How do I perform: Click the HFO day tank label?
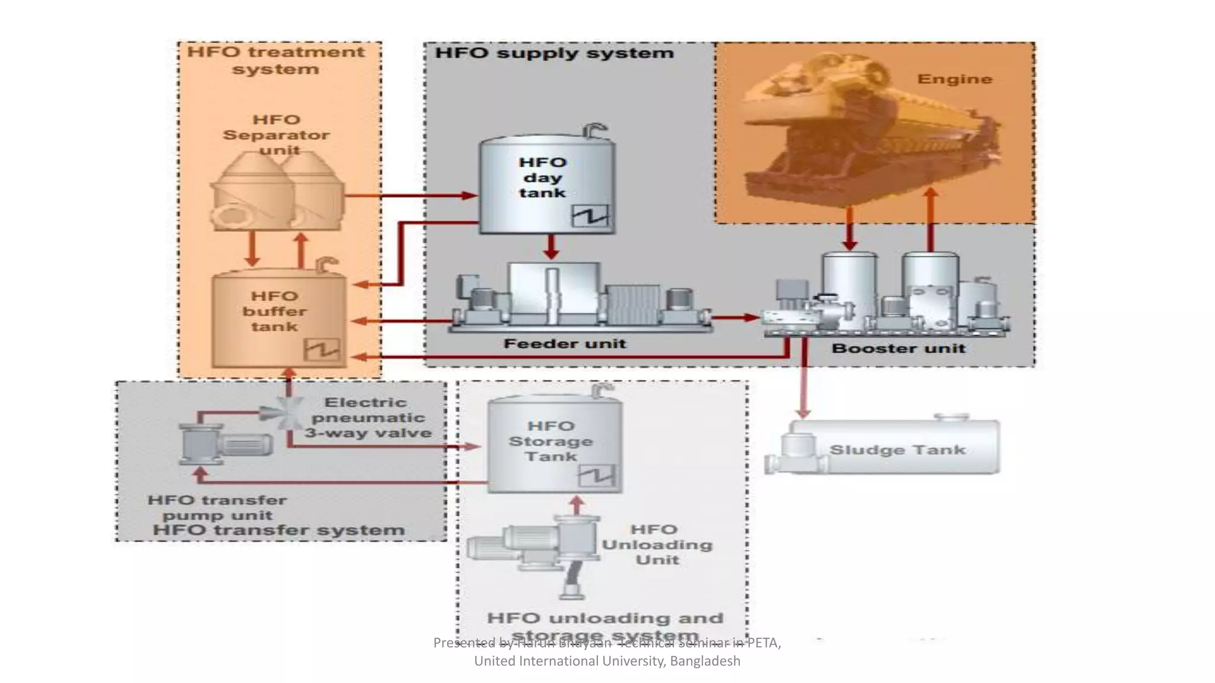tap(542, 177)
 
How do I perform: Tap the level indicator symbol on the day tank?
tap(590, 216)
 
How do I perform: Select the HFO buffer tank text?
tap(274, 311)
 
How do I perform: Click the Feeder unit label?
tap(564, 344)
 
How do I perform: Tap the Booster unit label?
tap(898, 349)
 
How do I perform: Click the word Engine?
tap(954, 79)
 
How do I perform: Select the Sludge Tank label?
tap(897, 450)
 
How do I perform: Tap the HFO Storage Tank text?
tap(551, 441)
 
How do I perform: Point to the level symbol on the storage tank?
tap(597, 475)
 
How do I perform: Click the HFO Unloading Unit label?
tap(657, 544)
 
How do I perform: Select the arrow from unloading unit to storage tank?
tap(576, 505)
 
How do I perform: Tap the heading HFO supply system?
tap(554, 53)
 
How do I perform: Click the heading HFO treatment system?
tap(276, 60)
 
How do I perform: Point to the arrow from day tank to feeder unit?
tap(551, 247)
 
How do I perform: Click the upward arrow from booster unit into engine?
tap(931, 219)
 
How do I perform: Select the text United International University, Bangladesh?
tap(607, 661)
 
